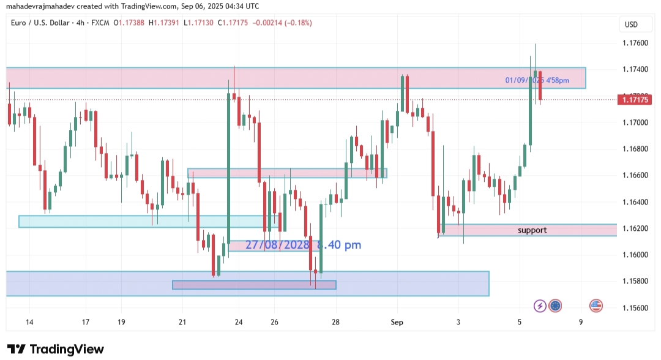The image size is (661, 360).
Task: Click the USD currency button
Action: pyautogui.click(x=631, y=24)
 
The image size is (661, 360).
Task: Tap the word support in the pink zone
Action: pyautogui.click(x=532, y=230)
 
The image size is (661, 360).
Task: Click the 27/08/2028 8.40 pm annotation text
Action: pyautogui.click(x=303, y=245)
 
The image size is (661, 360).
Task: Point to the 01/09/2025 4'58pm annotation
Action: pyautogui.click(x=537, y=80)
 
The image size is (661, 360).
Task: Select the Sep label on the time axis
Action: pyautogui.click(x=397, y=322)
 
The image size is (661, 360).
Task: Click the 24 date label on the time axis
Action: pyautogui.click(x=239, y=322)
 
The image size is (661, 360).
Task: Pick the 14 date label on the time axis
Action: pyautogui.click(x=29, y=322)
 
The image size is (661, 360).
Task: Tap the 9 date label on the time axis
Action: pyautogui.click(x=581, y=322)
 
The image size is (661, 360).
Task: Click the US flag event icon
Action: pyautogui.click(x=596, y=306)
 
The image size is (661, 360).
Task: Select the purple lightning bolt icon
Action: pyautogui.click(x=540, y=306)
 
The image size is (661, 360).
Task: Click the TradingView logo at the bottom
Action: pyautogui.click(x=55, y=349)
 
